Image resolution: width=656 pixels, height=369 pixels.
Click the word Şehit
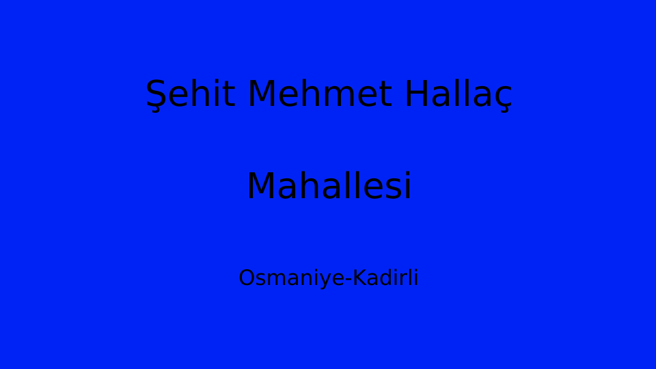point(190,95)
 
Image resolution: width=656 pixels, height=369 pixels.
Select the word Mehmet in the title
point(320,94)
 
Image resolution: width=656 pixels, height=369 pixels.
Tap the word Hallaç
point(459,95)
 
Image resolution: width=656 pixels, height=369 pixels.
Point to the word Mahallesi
point(329,185)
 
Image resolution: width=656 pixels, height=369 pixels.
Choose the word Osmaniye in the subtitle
point(292,279)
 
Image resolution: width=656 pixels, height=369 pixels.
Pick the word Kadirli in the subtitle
point(385,277)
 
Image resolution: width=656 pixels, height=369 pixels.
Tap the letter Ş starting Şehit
point(156,96)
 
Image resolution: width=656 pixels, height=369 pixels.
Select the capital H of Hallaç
point(417,94)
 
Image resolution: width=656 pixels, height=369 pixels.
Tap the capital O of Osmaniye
point(247,278)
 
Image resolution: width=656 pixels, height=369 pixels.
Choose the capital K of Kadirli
point(361,278)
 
